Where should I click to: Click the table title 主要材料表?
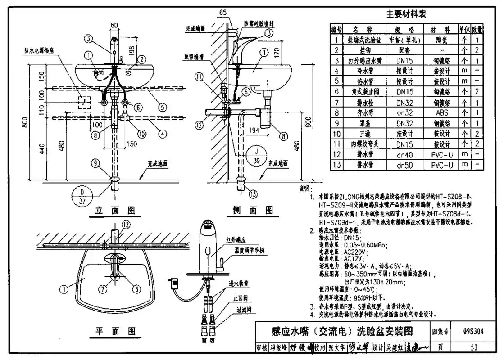[x=407, y=14]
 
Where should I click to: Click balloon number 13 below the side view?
[x=253, y=193]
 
